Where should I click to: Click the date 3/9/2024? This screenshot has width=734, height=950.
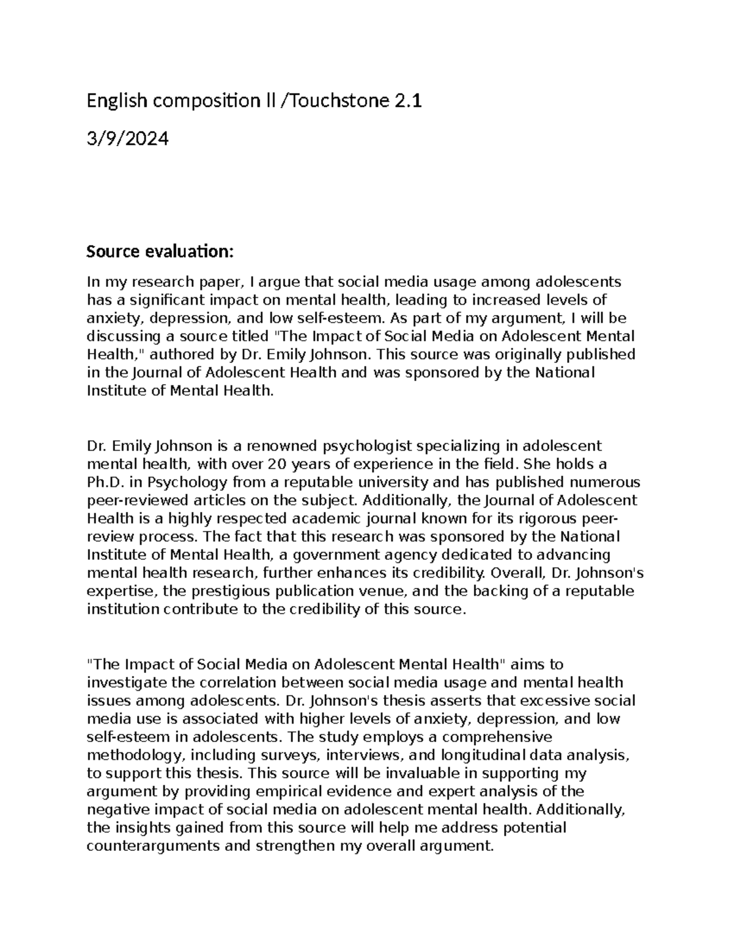pyautogui.click(x=127, y=140)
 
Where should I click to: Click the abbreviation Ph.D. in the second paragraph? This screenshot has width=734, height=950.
pyautogui.click(x=105, y=482)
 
